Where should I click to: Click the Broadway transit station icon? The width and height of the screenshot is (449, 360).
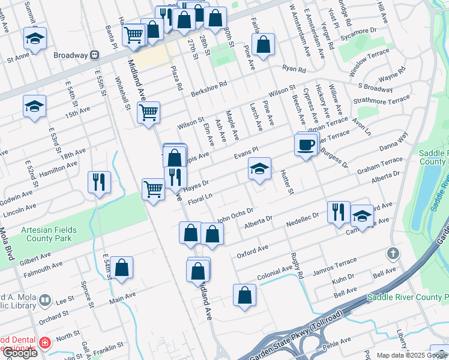[94, 55]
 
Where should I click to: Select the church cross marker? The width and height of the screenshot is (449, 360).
[393, 253]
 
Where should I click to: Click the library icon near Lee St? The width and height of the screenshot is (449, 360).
[45, 299]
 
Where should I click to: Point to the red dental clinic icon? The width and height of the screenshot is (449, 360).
[44, 343]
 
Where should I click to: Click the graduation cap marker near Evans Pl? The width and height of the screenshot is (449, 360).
[259, 169]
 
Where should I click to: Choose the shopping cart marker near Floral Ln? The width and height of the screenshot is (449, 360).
[153, 189]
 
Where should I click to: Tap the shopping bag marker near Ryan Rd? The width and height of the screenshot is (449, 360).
[263, 44]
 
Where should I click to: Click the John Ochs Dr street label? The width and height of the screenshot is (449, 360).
[235, 215]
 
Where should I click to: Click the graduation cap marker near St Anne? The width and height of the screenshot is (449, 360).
[35, 39]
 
